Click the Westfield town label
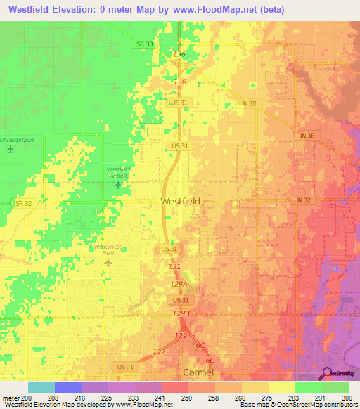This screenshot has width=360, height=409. (180, 201)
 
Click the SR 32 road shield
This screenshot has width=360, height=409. (23, 203)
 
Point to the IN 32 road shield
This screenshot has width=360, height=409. (303, 200)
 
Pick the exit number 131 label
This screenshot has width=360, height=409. (175, 267)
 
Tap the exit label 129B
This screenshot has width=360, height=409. (181, 313)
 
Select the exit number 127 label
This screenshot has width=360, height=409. (159, 351)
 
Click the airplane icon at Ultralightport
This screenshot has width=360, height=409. (11, 149)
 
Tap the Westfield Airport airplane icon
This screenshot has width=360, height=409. (117, 185)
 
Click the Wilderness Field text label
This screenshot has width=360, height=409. (108, 250)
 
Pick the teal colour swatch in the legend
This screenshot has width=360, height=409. (41, 387)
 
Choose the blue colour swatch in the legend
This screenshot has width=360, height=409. (67, 387)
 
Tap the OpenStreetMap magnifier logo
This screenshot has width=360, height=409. (328, 373)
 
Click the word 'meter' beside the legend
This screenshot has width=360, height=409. (8, 398)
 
